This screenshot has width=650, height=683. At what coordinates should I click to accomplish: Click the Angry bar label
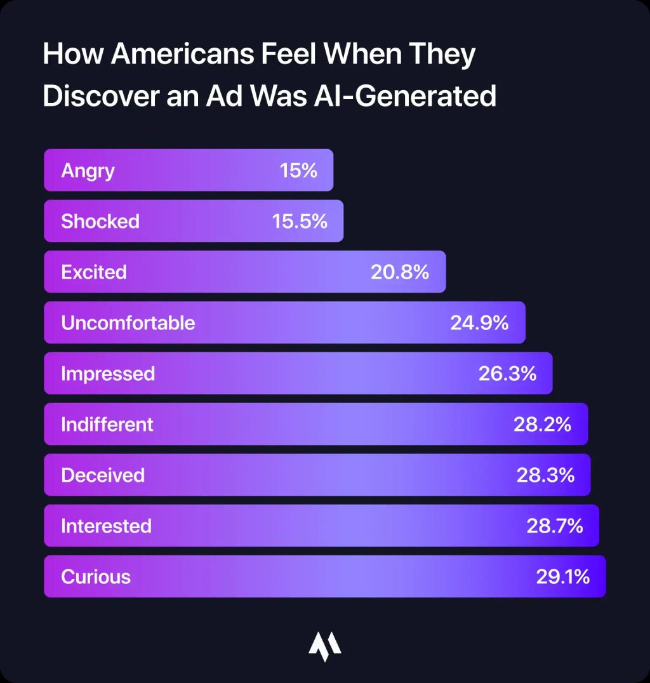[x=88, y=171]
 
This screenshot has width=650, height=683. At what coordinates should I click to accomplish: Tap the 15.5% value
[x=300, y=222]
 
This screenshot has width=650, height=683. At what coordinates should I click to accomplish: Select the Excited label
[x=94, y=272]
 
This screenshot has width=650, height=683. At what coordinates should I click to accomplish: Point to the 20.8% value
[x=400, y=272]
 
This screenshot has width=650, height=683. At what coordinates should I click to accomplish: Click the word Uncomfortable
[x=128, y=323]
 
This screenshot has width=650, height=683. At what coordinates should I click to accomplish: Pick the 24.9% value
[x=479, y=323]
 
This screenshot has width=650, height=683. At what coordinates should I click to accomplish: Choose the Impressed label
[x=108, y=374]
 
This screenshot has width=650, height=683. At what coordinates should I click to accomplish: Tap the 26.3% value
[x=507, y=374]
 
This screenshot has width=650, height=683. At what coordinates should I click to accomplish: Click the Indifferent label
[x=107, y=425]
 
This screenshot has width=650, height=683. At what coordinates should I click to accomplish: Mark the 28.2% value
[x=542, y=425]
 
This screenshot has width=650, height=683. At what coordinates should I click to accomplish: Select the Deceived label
[x=103, y=475]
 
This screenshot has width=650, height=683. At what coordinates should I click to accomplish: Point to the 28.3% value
[x=545, y=475]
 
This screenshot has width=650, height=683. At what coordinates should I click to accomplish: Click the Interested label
[x=106, y=526]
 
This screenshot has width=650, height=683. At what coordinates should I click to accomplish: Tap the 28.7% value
[x=554, y=526]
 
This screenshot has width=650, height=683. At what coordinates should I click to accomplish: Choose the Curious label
[x=96, y=577]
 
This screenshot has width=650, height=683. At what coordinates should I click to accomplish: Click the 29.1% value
[x=562, y=577]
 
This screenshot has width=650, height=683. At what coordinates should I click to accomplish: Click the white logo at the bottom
[x=325, y=646]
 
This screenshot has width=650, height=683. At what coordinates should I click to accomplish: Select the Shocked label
[x=100, y=222]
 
